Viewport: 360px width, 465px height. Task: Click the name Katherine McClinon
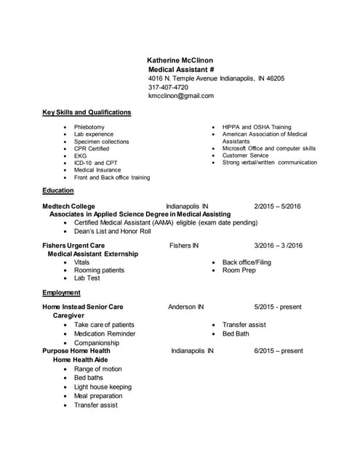coord(180,60)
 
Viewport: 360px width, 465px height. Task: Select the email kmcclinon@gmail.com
coord(181,96)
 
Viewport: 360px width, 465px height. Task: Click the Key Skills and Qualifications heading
coord(87,113)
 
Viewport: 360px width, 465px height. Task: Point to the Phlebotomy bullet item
coord(89,127)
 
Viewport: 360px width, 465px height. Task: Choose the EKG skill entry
coord(80,155)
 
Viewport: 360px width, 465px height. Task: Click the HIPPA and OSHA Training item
coord(257,127)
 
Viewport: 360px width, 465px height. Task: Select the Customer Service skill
coord(245,155)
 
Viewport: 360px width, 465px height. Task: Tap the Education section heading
coord(58,190)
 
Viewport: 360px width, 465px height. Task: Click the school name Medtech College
coord(69,206)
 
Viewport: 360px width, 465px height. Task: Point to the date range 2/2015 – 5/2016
coord(277,206)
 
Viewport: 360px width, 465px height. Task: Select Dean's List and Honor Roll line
coord(113,232)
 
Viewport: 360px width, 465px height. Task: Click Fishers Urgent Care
coord(78,246)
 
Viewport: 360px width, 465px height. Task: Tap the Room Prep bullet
coord(239,270)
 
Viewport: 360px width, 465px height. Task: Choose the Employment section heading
coord(61,292)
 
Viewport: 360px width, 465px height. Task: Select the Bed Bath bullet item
coord(236,333)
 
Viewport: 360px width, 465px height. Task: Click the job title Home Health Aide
coord(81,360)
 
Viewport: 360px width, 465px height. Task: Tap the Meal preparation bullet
coord(98,396)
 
